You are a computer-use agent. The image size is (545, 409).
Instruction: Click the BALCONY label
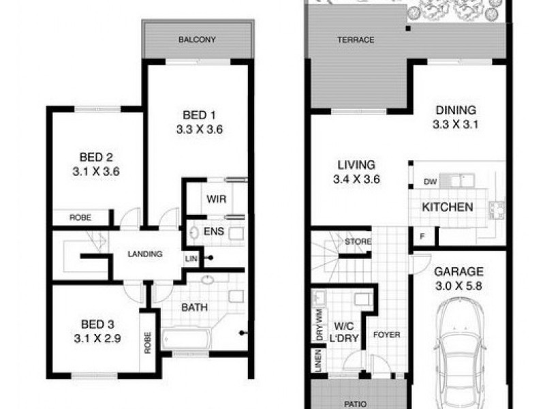[197, 40]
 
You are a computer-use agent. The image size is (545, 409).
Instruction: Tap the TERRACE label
[356, 40]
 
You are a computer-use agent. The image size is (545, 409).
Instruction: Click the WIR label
[217, 199]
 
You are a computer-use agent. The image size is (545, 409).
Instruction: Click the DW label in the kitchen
[430, 182]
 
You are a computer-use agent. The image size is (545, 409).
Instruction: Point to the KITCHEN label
[447, 207]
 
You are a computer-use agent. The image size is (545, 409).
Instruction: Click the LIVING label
[356, 165]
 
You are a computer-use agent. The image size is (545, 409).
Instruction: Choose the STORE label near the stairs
[358, 241]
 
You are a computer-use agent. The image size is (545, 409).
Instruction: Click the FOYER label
[386, 335]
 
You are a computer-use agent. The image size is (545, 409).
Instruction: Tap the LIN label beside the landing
[191, 259]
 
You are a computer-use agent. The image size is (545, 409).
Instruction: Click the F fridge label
[422, 237]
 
